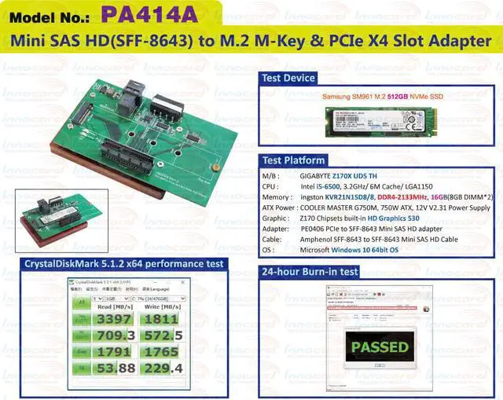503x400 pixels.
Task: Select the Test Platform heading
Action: point(294,160)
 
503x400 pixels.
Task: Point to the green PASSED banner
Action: point(380,347)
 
